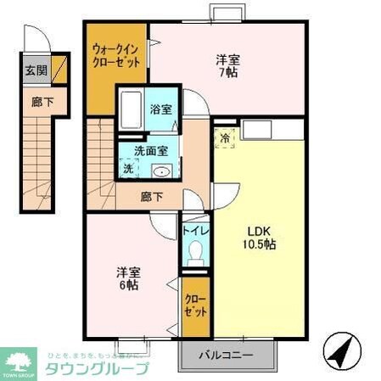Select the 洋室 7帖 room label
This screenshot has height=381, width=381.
click(x=227, y=67)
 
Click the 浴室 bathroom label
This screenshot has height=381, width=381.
click(x=161, y=109)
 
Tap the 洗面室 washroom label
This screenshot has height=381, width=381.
click(x=154, y=151)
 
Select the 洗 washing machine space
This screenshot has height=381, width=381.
click(x=128, y=169)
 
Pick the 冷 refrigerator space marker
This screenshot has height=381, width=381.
click(x=226, y=136)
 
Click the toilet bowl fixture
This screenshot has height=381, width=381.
click(x=195, y=253)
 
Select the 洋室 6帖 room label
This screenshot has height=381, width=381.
click(x=129, y=279)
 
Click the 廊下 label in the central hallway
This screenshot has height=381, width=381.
click(x=152, y=196)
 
